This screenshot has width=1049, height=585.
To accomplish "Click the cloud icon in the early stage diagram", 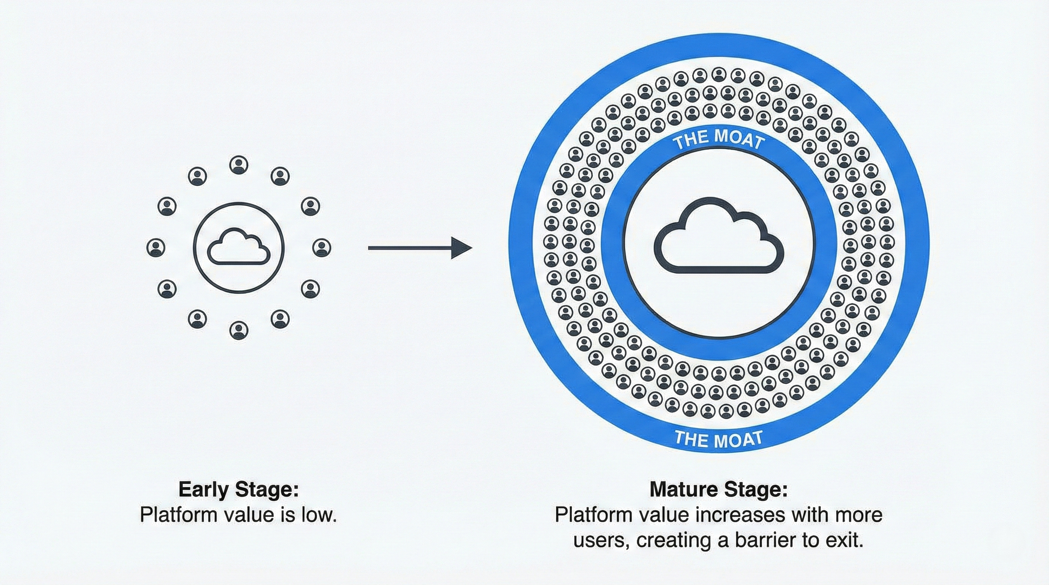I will point(239,246).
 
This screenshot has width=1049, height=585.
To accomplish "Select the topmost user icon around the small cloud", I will point(239,165).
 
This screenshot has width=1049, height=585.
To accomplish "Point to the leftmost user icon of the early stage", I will point(156,247).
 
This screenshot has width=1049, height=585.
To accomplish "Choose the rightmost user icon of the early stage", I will point(322,247).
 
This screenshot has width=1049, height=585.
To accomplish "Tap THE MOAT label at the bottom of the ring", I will point(719,438).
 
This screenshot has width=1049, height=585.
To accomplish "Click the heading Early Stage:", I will point(239,489).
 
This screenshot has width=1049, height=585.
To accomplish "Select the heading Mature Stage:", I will point(719,489).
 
